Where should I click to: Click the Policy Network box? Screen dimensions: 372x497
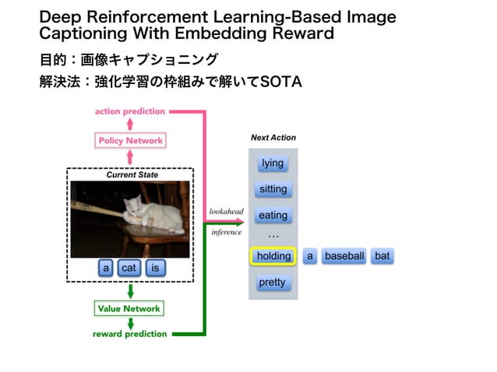130,141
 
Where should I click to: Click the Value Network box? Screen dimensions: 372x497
129,309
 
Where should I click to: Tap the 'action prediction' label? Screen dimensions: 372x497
130,111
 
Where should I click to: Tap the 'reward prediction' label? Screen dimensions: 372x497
129,334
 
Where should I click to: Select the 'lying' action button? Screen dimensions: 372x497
273,163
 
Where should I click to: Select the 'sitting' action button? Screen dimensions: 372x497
273,189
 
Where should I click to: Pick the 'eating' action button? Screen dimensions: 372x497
273,216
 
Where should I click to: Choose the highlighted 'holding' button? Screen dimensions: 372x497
273,256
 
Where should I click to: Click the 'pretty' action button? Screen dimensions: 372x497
272,283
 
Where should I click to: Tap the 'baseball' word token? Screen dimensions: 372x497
344,256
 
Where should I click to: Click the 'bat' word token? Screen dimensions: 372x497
382,256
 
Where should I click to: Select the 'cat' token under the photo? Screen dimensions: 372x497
129,268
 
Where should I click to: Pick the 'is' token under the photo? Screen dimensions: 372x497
155,268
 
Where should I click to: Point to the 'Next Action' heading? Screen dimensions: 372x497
273,138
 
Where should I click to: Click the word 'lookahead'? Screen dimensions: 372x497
226,212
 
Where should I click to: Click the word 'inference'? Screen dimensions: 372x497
227,232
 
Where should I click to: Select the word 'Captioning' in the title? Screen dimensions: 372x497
83,33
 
